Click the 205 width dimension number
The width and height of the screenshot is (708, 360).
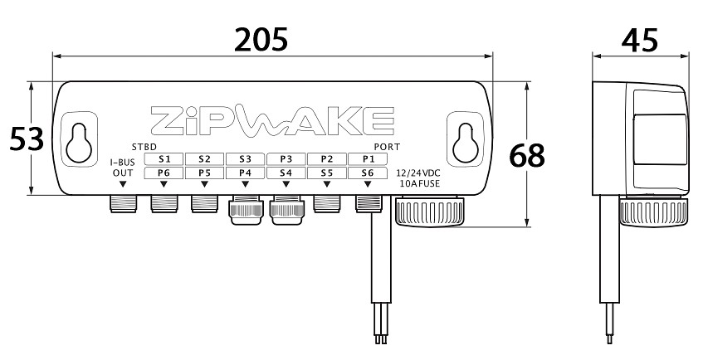coord(261,40)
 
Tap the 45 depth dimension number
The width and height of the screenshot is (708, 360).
coord(639,40)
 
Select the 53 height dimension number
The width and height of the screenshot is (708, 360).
coord(27,139)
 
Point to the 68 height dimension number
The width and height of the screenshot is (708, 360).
coord(527,156)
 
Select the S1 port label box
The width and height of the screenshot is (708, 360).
coord(164,158)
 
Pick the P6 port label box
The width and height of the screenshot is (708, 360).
coord(164,173)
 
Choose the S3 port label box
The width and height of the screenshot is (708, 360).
coord(245,158)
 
